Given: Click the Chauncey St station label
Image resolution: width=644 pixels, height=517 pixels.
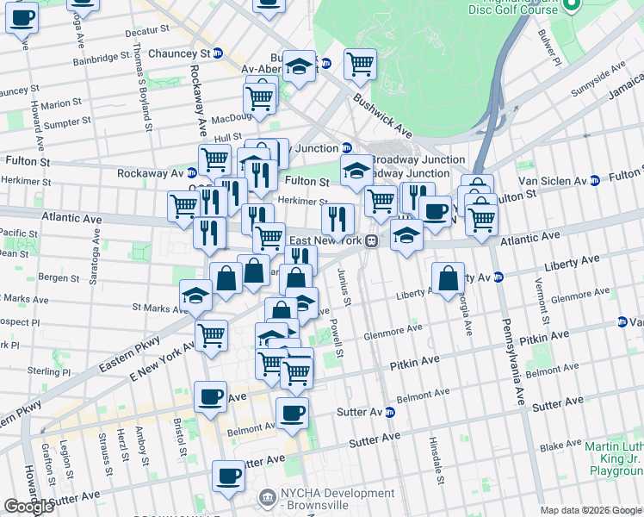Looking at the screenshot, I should (x=179, y=53).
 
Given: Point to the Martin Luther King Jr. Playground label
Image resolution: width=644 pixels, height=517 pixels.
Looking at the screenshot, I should (x=614, y=458).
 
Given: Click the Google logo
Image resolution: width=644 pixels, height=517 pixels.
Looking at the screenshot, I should (x=28, y=507).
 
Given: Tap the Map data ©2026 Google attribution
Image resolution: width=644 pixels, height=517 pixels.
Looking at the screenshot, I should (x=590, y=510).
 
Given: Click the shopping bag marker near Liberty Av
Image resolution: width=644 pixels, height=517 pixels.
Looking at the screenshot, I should (x=448, y=280).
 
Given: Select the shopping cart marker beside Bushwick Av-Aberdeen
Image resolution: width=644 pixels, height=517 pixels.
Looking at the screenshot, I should (x=360, y=64).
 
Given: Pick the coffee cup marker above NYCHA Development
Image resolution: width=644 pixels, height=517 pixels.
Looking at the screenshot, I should (x=229, y=477).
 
